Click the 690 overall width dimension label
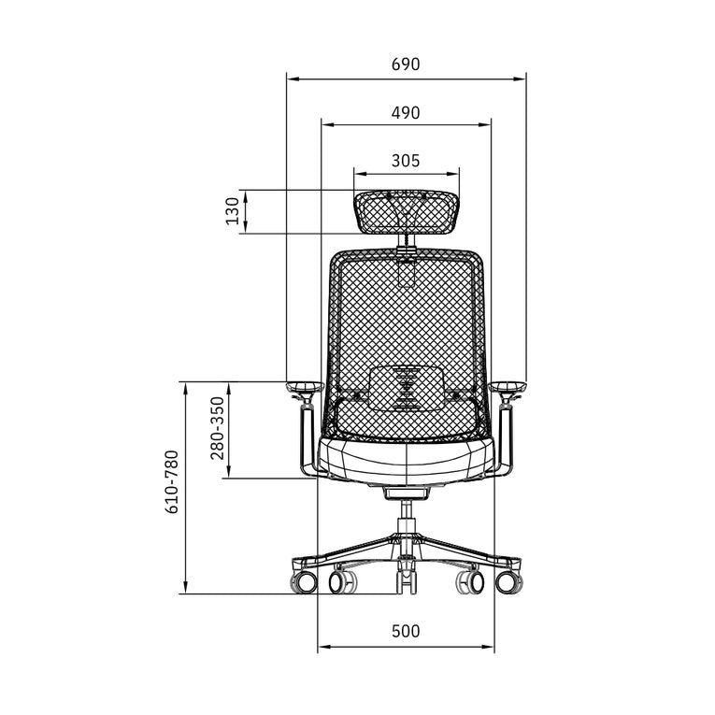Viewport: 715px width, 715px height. pyautogui.click(x=406, y=64)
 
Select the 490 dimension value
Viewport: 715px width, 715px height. pyautogui.click(x=406, y=112)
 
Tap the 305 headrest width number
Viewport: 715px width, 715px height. pyautogui.click(x=406, y=161)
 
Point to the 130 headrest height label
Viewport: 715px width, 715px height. pyautogui.click(x=233, y=212)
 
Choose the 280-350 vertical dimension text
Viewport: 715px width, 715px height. pyautogui.click(x=217, y=429)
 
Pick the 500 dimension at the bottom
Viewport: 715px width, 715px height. pyautogui.click(x=406, y=631)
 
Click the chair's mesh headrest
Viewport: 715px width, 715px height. pyautogui.click(x=407, y=211)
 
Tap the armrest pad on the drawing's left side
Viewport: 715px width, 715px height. pyautogui.click(x=304, y=384)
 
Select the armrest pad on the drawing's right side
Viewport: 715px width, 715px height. pyautogui.click(x=509, y=384)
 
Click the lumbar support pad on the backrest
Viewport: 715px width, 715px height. pyautogui.click(x=407, y=387)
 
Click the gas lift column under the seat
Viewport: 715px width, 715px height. pyautogui.click(x=407, y=512)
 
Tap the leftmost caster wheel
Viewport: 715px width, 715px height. pyautogui.click(x=304, y=583)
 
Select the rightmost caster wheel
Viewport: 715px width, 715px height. pyautogui.click(x=509, y=583)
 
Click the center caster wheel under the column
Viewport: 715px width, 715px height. pyautogui.click(x=407, y=581)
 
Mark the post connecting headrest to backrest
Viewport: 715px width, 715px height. pyautogui.click(x=408, y=242)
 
